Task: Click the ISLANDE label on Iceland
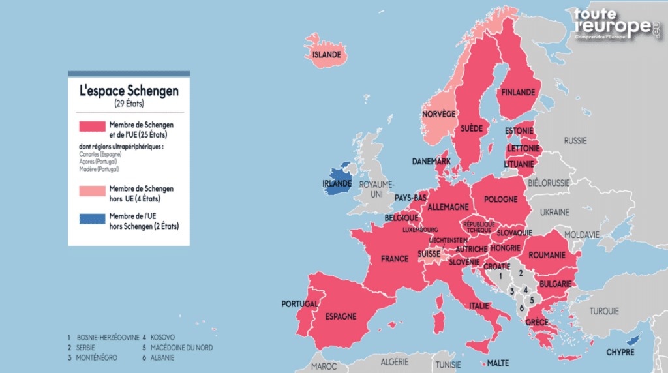(x=327, y=55)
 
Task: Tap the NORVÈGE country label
(x=438, y=114)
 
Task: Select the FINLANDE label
(x=517, y=93)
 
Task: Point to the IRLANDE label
(x=337, y=184)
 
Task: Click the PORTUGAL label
(x=300, y=304)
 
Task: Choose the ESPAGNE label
(x=341, y=316)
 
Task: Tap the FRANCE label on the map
(x=395, y=259)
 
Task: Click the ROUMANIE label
(x=547, y=256)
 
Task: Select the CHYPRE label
(x=620, y=352)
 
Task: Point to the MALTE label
(x=498, y=363)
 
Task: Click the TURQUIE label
(x=604, y=311)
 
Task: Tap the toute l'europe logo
(x=616, y=25)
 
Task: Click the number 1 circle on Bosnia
(x=500, y=276)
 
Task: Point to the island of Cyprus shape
(x=631, y=340)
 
